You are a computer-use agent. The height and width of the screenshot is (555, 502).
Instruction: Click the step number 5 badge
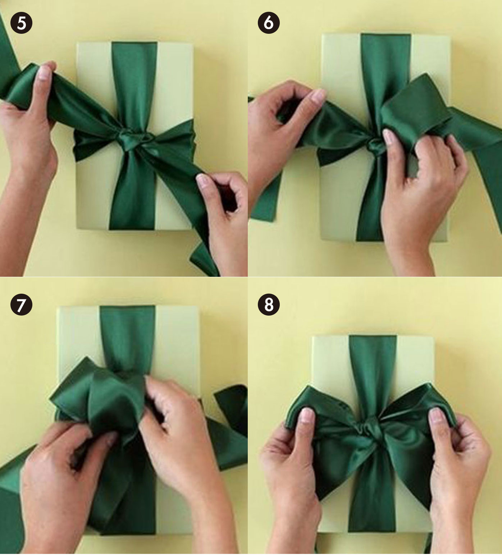21,23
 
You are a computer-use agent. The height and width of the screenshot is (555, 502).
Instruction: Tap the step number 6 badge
269,23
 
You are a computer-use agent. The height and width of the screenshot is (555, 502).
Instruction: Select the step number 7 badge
21,305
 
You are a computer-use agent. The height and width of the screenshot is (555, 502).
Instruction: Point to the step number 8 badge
269,305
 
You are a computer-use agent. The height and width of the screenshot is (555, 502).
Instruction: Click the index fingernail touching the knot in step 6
388,137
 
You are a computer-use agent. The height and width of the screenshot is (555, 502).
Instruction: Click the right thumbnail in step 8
436,416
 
